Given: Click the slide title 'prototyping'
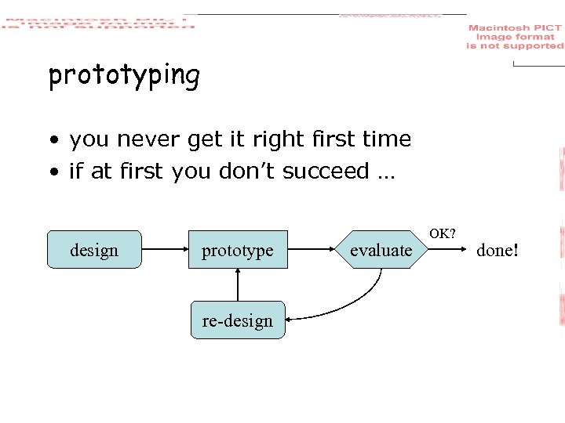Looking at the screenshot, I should pos(124,76).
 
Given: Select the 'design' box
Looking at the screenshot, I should pos(94,250).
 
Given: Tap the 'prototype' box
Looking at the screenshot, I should pos(237,250).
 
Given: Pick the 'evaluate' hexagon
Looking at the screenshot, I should pos(381,250).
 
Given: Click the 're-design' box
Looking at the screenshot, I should pos(237,320).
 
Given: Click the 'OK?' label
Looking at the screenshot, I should pos(443,233).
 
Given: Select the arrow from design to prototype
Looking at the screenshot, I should pos(165,250).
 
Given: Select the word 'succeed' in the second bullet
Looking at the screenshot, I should pos(326,171).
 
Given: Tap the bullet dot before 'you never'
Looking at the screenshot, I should pos(53,141).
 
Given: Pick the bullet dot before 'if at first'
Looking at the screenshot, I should pos(53,172).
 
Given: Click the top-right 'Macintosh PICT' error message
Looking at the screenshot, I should pos(515,37).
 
